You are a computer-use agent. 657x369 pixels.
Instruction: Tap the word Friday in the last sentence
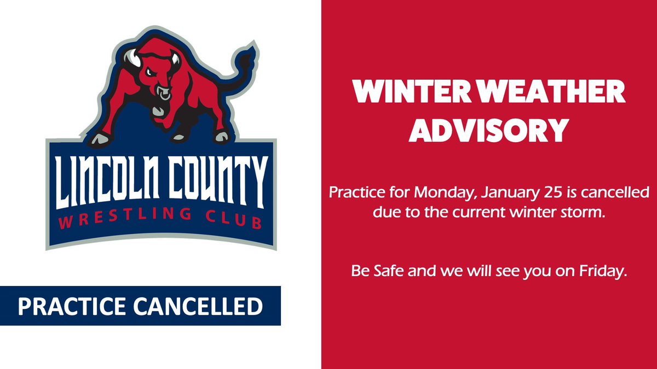(606, 271)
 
